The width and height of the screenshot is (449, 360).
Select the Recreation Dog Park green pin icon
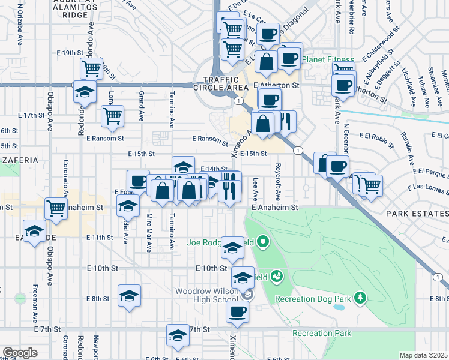click(360, 297)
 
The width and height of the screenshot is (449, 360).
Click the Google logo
click(20, 353)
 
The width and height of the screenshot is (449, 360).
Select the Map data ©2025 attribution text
click(424, 355)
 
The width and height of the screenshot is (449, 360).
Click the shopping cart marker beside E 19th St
click(92, 68)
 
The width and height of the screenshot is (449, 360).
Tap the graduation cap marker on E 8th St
click(129, 296)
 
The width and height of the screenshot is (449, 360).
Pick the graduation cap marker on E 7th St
click(178, 336)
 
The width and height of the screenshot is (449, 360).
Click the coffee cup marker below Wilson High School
click(238, 311)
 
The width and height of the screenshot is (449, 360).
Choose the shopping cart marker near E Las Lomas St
click(371, 185)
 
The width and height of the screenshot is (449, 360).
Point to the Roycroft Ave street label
click(278, 174)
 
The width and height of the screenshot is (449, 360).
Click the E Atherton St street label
click(276, 85)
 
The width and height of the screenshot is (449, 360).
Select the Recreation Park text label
click(321, 333)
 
